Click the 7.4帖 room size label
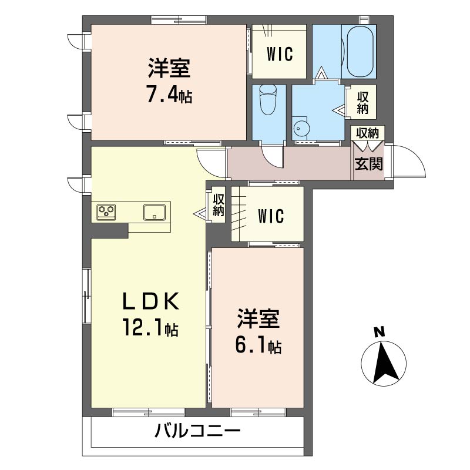click(x=169, y=94)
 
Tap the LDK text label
click(x=151, y=301)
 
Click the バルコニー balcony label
click(x=197, y=432)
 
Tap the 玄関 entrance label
click(x=369, y=164)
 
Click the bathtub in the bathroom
click(x=360, y=52)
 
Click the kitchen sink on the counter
click(x=155, y=213)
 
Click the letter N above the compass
click(x=379, y=333)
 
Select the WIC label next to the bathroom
click(x=279, y=54)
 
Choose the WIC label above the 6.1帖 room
click(x=271, y=216)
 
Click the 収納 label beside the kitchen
click(x=219, y=205)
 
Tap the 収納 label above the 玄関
click(x=367, y=133)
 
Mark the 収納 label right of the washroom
click(x=362, y=103)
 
